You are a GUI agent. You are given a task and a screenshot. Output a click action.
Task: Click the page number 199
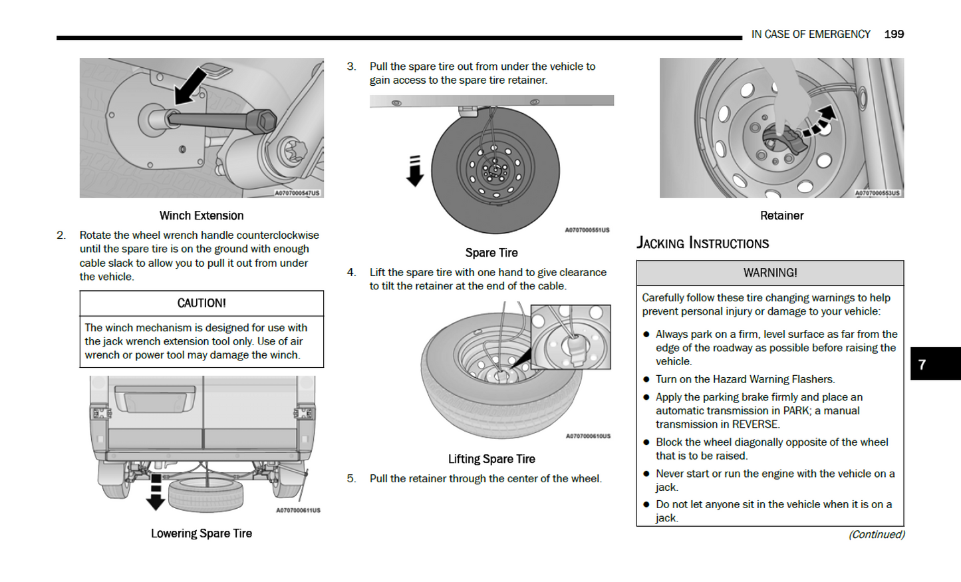894,34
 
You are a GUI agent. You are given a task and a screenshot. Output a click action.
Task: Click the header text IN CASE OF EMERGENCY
811,34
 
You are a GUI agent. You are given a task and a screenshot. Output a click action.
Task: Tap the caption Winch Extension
202,216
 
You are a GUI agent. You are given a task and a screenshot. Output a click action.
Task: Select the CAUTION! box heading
202,303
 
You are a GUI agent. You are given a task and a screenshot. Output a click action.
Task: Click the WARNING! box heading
770,273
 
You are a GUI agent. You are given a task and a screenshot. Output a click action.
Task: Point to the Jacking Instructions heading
702,243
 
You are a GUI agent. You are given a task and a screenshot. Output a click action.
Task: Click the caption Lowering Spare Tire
202,533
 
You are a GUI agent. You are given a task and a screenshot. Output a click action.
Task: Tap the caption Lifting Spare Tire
491,459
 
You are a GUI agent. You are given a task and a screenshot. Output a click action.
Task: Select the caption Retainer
781,216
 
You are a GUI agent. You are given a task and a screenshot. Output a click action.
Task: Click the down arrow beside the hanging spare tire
415,172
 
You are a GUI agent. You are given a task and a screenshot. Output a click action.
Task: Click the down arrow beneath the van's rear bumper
156,493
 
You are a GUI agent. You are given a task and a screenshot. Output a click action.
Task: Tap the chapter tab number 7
922,364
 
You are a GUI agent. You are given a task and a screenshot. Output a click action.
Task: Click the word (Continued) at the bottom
877,535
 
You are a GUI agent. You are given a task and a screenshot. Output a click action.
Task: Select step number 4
351,272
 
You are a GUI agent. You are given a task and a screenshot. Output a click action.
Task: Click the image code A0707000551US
587,230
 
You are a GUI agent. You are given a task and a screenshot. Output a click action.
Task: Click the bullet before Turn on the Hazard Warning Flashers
646,380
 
